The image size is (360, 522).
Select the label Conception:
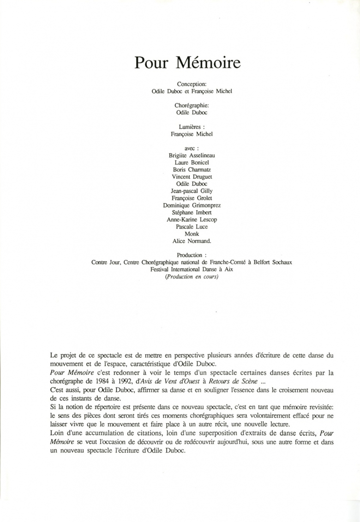coord(192,84)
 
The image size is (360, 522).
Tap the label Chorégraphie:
coord(192,105)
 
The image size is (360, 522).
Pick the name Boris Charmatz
coord(192,170)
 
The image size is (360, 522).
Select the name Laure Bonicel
coord(192,163)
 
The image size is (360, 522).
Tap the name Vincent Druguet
coord(192,177)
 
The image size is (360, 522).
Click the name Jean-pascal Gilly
coord(192,191)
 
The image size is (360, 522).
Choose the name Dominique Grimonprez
coord(192,206)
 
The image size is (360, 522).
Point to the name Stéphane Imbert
coord(192,212)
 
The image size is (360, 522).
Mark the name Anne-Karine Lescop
coord(192,220)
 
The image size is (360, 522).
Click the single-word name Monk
coord(192,234)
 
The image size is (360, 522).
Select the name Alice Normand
coord(192,241)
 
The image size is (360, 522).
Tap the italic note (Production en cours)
coord(192,277)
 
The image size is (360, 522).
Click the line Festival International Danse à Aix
coord(192,270)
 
